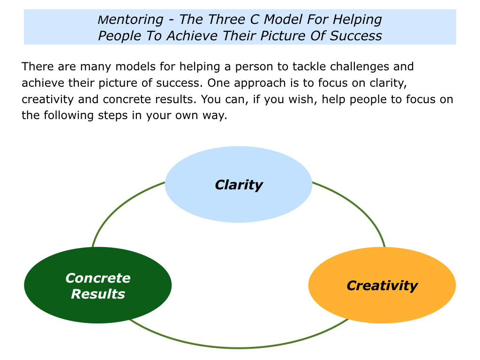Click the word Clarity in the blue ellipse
[x=239, y=185]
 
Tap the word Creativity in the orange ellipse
[x=382, y=285]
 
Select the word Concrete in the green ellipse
[x=98, y=278]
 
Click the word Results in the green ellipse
[x=98, y=294]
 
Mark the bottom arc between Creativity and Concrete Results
[x=239, y=347]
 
